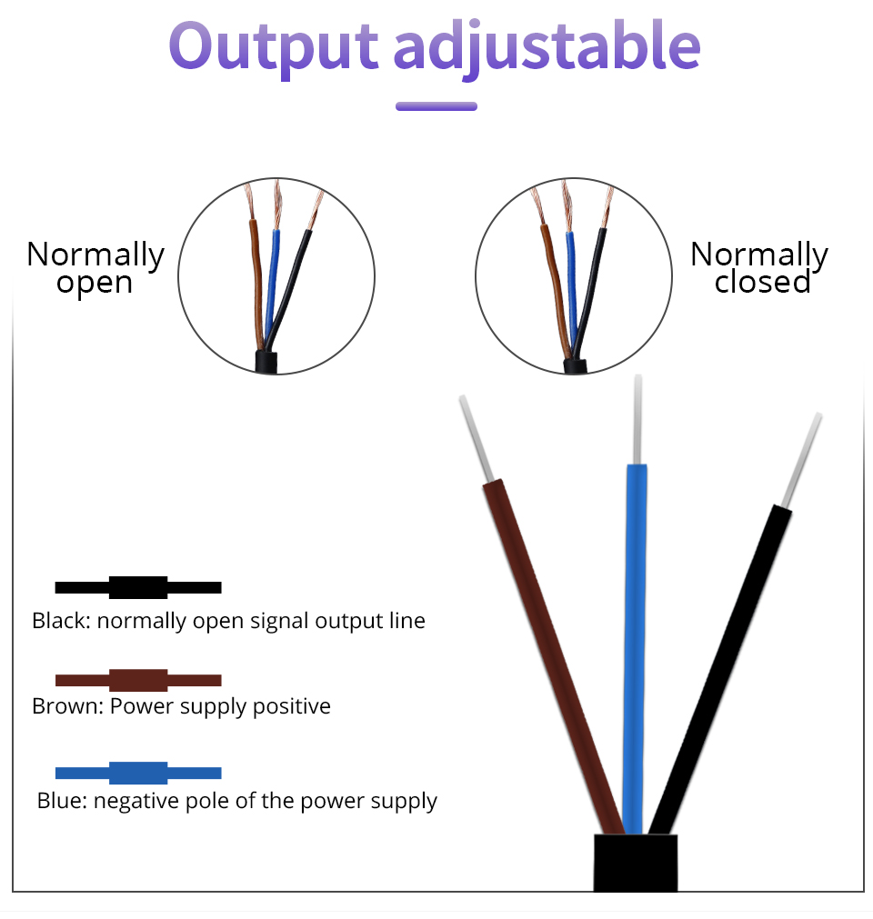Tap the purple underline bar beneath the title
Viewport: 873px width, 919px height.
tap(436, 106)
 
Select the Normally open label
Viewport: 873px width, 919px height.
tap(95, 267)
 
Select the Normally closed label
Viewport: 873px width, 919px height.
tap(759, 267)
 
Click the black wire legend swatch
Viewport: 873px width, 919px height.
tap(138, 587)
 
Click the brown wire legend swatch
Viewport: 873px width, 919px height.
tap(138, 680)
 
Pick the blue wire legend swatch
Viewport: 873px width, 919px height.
tap(138, 773)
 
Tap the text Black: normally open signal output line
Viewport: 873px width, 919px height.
tap(228, 622)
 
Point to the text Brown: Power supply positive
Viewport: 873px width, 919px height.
tap(181, 706)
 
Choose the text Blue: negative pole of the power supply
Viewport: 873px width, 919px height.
tap(237, 801)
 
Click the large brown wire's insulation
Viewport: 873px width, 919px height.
tap(554, 654)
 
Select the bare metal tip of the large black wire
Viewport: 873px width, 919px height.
tap(802, 459)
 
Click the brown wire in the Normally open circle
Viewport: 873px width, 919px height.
tap(257, 273)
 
